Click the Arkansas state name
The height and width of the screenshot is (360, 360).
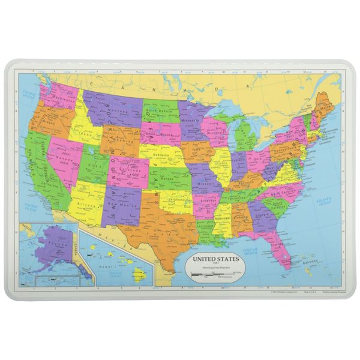(x=206, y=198)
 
